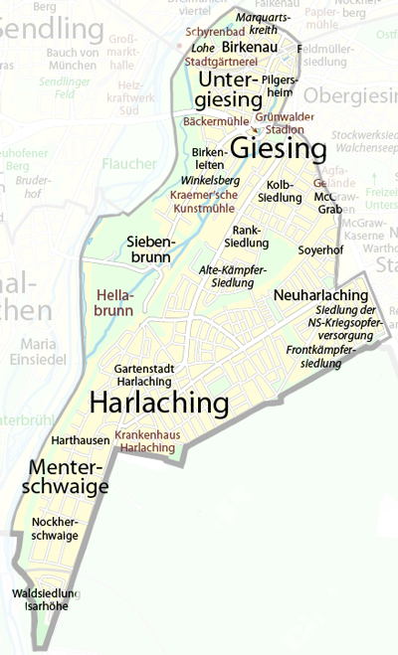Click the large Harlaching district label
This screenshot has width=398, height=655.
click(159, 404)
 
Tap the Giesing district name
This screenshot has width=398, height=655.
click(279, 150)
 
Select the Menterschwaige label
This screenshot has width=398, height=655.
click(69, 477)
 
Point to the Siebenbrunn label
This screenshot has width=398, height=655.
click(151, 250)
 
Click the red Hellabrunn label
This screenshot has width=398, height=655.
click(115, 303)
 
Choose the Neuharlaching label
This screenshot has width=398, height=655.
click(319, 297)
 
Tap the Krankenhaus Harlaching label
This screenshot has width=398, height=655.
click(145, 441)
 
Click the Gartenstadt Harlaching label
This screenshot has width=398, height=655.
click(144, 374)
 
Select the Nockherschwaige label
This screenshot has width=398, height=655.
click(55, 528)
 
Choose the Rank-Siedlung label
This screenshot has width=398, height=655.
click(248, 236)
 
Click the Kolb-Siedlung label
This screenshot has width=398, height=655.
click(286, 190)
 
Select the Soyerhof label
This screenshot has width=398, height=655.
click(320, 249)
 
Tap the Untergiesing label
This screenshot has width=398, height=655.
click(230, 88)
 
